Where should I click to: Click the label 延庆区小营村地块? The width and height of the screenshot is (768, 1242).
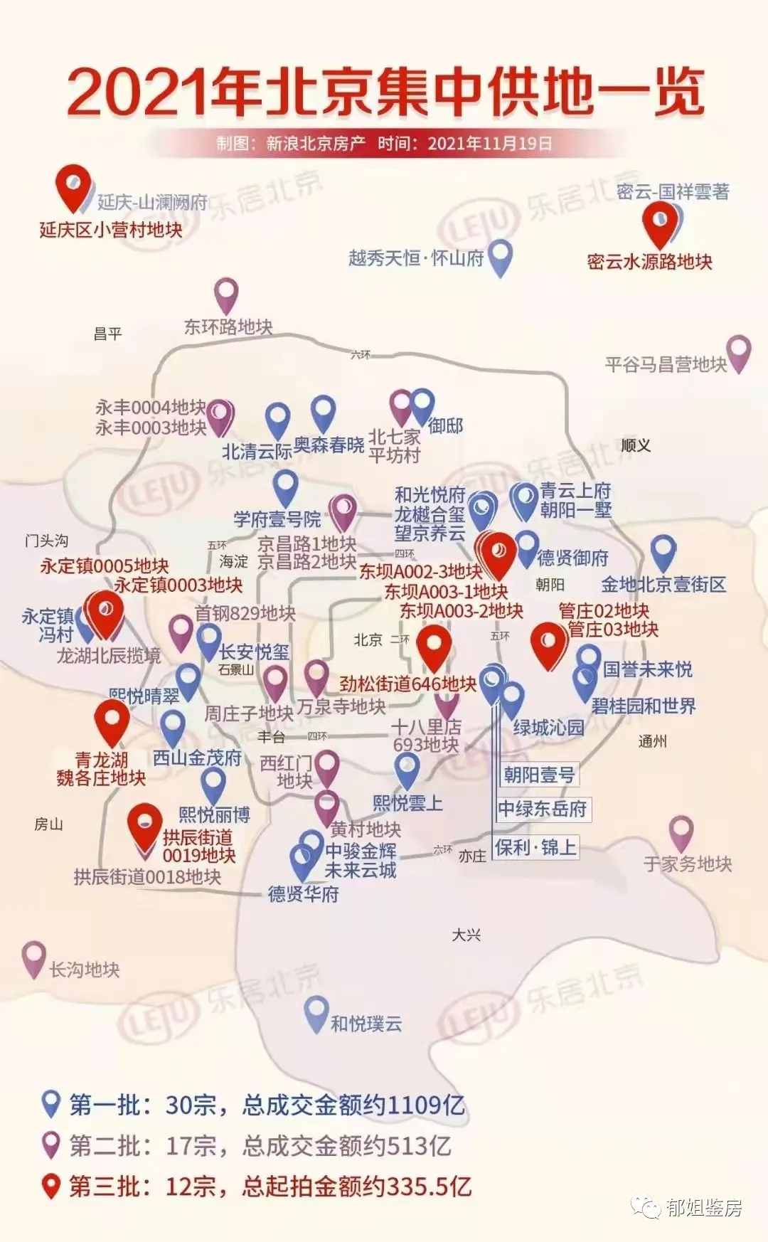tap(110, 230)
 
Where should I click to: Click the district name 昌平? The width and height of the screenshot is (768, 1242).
tap(108, 334)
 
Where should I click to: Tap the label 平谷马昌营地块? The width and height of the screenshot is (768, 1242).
tap(666, 365)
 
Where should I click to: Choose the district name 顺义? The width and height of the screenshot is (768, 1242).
tap(636, 445)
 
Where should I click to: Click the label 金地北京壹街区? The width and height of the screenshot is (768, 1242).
tap(663, 585)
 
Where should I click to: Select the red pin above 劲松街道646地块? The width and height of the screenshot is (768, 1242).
tap(434, 645)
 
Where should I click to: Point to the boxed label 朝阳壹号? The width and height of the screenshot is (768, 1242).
tap(539, 775)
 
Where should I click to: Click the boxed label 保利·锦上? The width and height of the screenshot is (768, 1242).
tap(535, 847)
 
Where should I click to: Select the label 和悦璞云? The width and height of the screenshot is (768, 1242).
tap(366, 1024)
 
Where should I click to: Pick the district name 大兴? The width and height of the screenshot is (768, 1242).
tap(466, 935)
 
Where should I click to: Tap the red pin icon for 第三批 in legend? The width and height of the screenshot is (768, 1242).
tap(50, 1185)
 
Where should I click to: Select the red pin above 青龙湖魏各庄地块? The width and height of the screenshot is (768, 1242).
tap(112, 720)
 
